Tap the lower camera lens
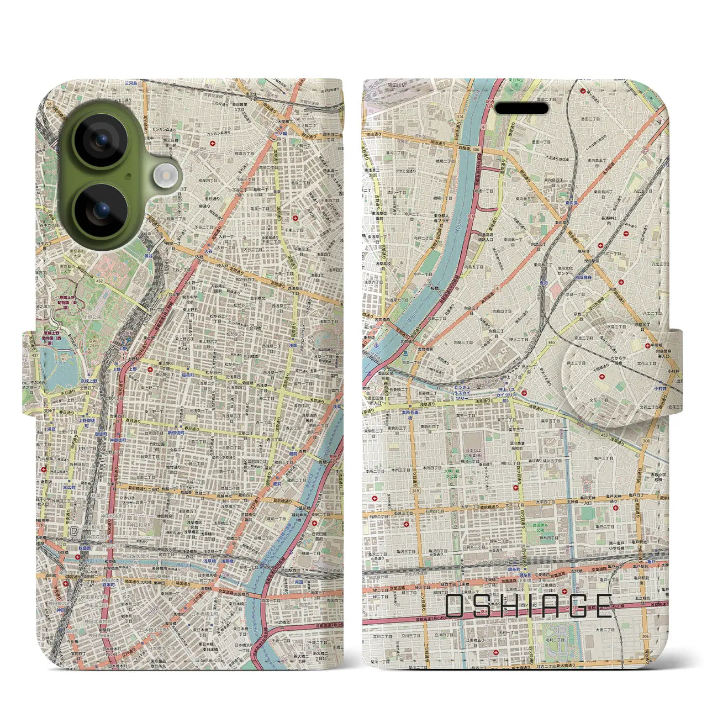tap(101, 210)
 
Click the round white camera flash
tap(164, 176)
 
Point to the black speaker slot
tap(521, 108)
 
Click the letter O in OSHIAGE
tap(458, 606)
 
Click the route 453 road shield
tap(604, 435)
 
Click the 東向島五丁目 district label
tap(596, 161)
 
